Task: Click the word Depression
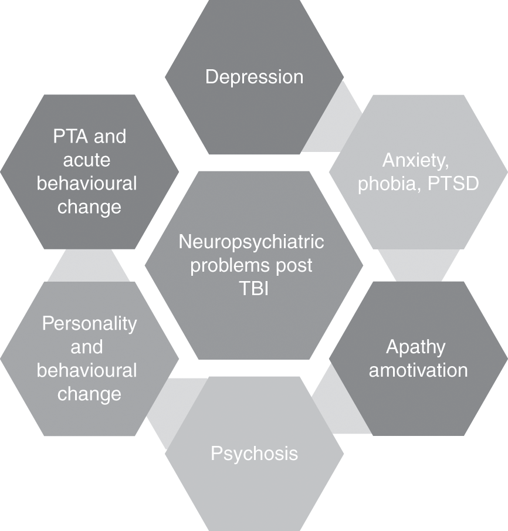(x=254, y=77)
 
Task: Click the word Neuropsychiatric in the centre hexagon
(x=251, y=242)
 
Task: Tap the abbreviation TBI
(x=253, y=289)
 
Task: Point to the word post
(x=294, y=265)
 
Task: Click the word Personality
(x=89, y=323)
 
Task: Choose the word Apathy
(x=415, y=347)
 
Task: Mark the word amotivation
(x=418, y=370)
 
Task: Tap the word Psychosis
(x=254, y=454)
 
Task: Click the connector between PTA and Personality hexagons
(x=89, y=266)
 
